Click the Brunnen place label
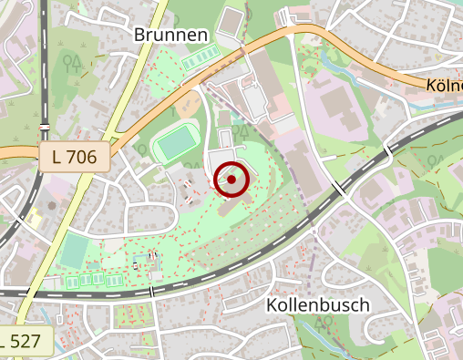point(171,35)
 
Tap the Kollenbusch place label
point(319,305)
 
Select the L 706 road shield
point(75,157)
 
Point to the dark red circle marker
point(231,180)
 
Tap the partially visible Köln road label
point(443,85)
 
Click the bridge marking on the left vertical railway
point(44,125)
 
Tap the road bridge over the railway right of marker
point(340,188)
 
